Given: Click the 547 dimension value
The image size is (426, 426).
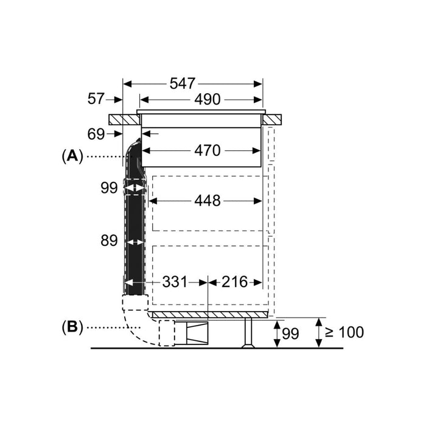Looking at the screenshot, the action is click(x=183, y=83).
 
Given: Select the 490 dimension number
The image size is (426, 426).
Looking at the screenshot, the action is click(x=207, y=99).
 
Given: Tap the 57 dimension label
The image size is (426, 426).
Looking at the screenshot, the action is click(x=96, y=99).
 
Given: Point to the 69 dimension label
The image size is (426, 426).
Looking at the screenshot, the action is click(x=96, y=134).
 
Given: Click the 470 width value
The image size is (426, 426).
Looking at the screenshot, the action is click(x=207, y=150).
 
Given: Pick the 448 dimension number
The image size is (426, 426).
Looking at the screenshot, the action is click(x=207, y=201).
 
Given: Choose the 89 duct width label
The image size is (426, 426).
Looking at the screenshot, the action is click(x=109, y=241).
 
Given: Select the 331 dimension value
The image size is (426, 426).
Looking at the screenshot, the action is click(x=175, y=282).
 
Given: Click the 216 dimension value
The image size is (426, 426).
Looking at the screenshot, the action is click(x=234, y=282).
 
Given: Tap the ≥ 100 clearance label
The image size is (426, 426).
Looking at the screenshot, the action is click(x=344, y=332).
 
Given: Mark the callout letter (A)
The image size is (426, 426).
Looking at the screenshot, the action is click(x=72, y=156).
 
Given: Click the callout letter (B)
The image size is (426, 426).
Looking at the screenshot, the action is click(x=72, y=327).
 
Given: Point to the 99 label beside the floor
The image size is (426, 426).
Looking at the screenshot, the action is click(x=290, y=333).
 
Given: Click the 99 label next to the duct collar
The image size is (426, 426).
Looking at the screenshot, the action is click(x=109, y=187).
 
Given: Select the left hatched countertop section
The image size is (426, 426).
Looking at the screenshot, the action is click(x=125, y=119).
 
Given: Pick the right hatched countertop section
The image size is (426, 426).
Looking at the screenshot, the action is click(x=271, y=119).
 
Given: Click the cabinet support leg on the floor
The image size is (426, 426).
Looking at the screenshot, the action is click(x=248, y=333).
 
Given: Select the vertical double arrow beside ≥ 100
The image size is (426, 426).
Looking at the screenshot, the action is click(x=319, y=333).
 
